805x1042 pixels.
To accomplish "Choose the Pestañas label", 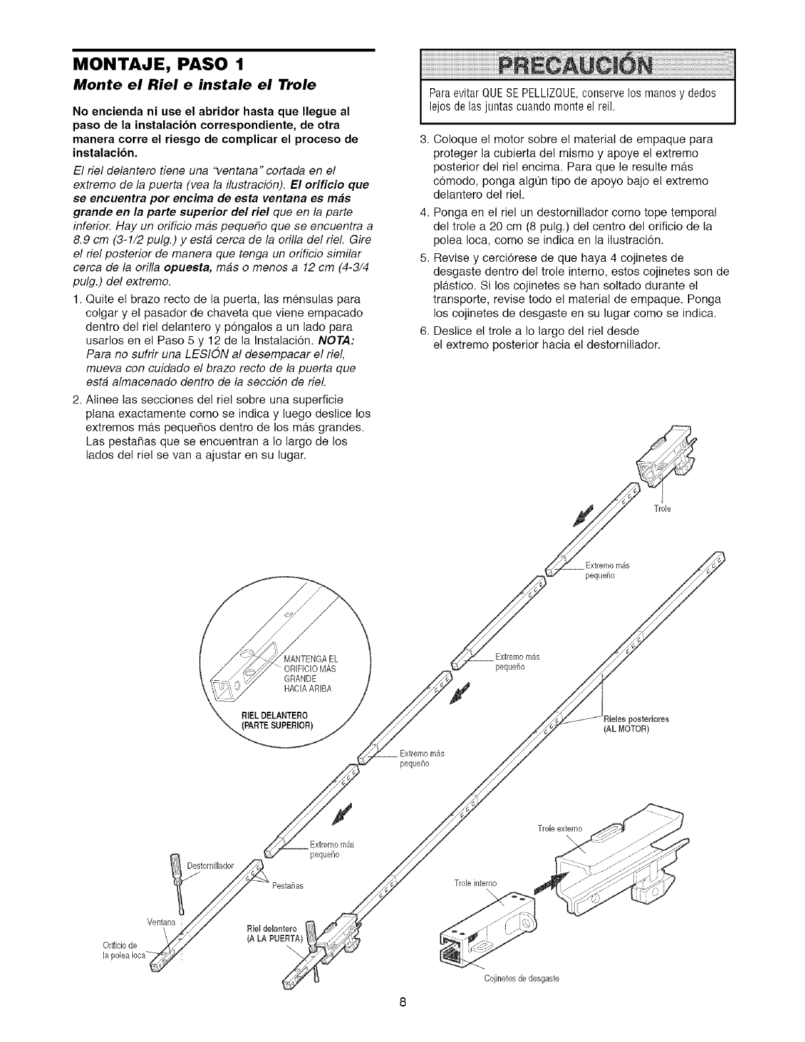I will click(287, 885).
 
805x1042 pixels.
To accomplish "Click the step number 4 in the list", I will click(405, 212).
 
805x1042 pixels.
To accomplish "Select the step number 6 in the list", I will click(405, 330).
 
